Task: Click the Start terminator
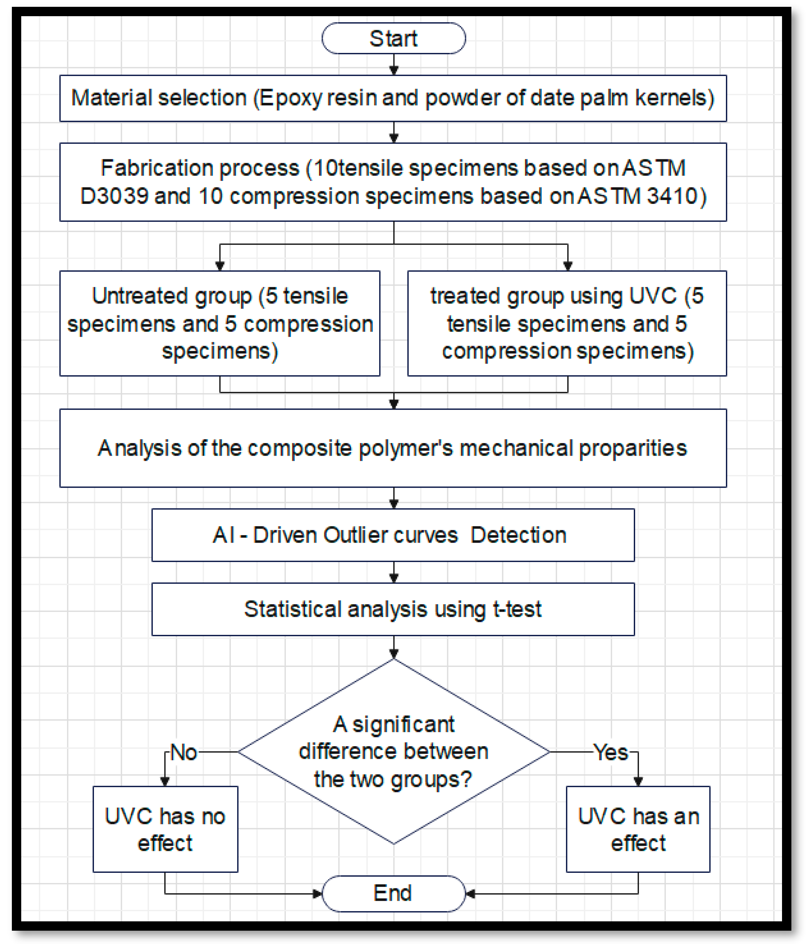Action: (x=393, y=38)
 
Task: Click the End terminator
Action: (x=393, y=893)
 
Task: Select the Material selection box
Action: (x=393, y=98)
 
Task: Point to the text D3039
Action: (x=114, y=196)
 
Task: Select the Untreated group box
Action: (x=220, y=323)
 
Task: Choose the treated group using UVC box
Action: (x=567, y=323)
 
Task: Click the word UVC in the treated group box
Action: (x=653, y=296)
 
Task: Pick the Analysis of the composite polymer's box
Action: (x=393, y=448)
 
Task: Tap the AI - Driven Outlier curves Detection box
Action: (x=393, y=535)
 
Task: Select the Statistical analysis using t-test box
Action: (x=393, y=609)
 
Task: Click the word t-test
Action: (x=517, y=609)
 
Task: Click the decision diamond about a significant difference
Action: (x=393, y=752)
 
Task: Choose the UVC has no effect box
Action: (x=165, y=829)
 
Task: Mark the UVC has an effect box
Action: (x=638, y=829)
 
